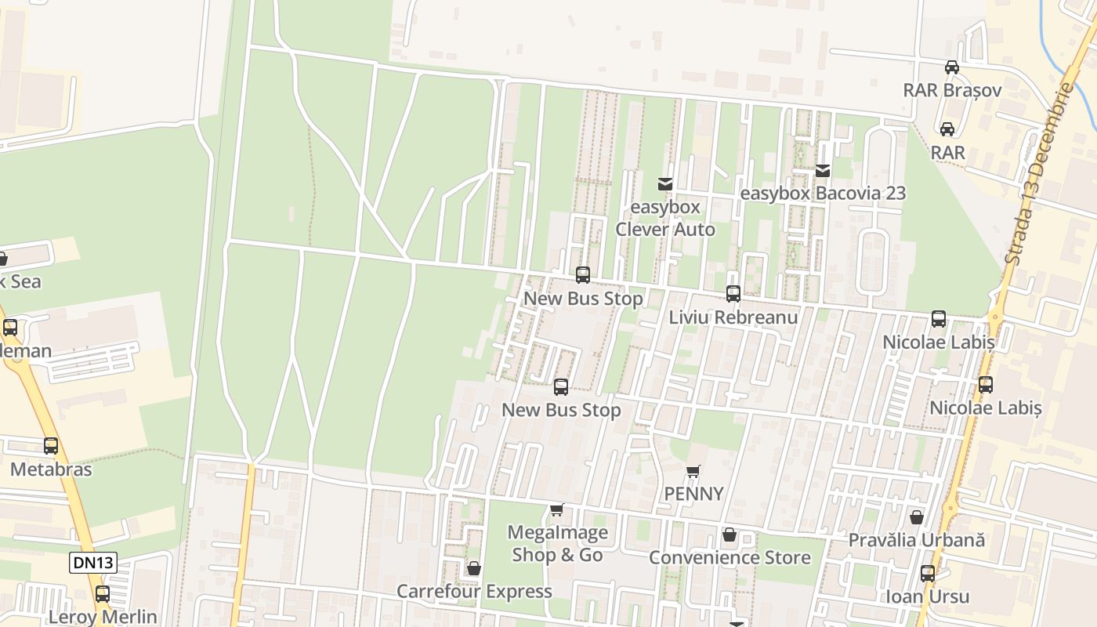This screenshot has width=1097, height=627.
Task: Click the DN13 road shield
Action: pos(92,562)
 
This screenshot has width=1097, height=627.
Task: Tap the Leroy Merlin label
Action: pos(103,617)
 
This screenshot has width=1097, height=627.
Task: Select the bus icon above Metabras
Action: pos(51,446)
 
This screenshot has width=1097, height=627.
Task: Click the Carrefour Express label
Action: pos(474,591)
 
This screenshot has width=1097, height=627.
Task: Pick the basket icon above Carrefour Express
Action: pos(473,568)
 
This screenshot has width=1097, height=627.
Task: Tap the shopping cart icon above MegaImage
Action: pos(556,510)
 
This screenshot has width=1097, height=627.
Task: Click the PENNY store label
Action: pos(693,494)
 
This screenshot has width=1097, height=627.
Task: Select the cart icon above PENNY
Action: pos(693,471)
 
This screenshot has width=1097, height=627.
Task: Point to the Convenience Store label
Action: pos(730,557)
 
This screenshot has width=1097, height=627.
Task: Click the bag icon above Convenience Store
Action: pos(730,535)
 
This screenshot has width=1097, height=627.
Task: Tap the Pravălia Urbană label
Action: pos(916,540)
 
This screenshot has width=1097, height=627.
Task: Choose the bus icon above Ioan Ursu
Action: pos(928,574)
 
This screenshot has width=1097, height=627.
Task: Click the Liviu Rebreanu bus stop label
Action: pos(733,317)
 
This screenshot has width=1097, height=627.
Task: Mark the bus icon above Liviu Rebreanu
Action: pos(733,294)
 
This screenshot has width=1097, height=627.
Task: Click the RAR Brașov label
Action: pos(952,89)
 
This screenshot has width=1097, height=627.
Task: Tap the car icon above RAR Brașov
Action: pos(952,67)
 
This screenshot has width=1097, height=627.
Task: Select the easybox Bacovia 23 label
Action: pos(823,193)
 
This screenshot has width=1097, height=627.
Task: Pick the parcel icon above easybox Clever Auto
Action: pos(665,184)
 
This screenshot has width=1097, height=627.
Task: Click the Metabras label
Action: pos(51,469)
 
